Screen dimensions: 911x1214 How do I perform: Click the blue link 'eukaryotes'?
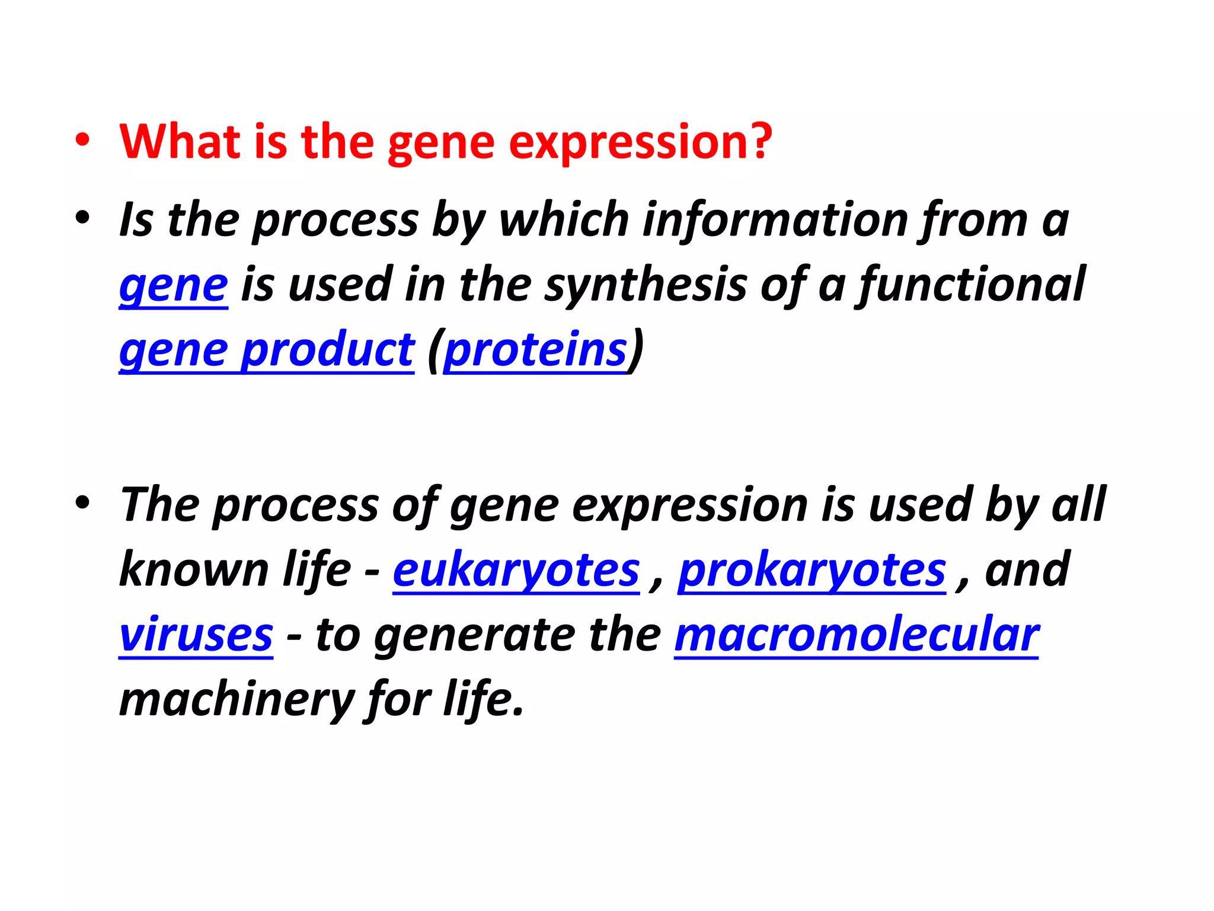tap(516, 570)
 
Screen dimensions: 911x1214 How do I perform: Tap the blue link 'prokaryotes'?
tap(812, 570)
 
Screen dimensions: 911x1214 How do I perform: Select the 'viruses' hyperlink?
tap(196, 635)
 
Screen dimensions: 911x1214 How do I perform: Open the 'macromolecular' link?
tap(857, 635)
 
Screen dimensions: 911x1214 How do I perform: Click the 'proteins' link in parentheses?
tap(535, 350)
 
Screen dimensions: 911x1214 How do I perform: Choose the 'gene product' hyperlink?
tap(267, 350)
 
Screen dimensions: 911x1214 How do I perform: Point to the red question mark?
tap(761, 142)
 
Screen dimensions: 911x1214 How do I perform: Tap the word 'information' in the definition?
tap(776, 220)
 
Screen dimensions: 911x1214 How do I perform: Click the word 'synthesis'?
tap(646, 285)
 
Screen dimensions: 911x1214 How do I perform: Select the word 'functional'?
tap(972, 285)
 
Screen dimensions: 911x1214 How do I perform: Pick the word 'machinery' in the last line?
tap(237, 700)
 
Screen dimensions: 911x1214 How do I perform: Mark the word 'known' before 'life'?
tap(194, 570)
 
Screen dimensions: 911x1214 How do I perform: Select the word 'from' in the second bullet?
tap(972, 220)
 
